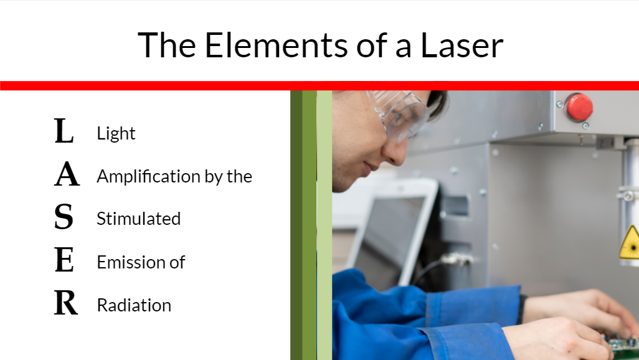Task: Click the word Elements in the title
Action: [x=276, y=45]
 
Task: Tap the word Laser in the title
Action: [x=462, y=45]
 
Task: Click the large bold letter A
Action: [x=67, y=174]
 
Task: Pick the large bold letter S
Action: [x=64, y=217]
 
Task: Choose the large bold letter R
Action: [x=66, y=303]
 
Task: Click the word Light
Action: [x=116, y=134]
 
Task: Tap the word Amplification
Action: [x=148, y=177]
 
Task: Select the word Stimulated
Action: [x=138, y=219]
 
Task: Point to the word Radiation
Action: [x=134, y=305]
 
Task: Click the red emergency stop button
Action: [x=579, y=107]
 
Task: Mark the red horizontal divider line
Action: [x=319, y=85]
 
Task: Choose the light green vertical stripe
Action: [x=324, y=225]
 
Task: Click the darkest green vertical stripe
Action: [x=296, y=225]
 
